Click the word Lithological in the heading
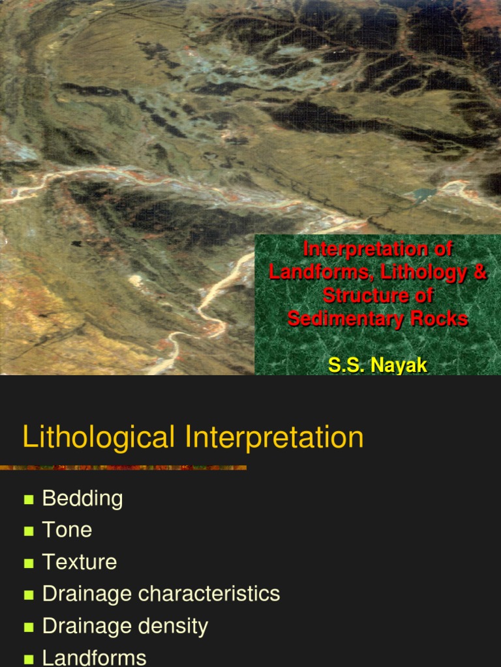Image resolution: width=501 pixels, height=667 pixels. point(99,437)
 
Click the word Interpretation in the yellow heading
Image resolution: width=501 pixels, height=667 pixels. point(275,437)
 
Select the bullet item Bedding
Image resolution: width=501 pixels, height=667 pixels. point(82,498)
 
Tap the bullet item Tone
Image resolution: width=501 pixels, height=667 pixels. point(67,530)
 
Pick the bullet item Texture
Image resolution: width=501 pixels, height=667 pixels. point(79,562)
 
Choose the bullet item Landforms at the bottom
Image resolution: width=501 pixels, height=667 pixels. point(94,658)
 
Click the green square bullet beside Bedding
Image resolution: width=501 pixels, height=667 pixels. point(29,500)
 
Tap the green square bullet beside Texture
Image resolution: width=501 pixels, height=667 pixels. point(29,563)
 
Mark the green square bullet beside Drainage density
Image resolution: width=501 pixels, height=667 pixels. point(29,627)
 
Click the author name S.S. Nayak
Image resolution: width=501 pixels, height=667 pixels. point(378,365)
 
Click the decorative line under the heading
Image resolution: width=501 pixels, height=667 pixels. point(123,468)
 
